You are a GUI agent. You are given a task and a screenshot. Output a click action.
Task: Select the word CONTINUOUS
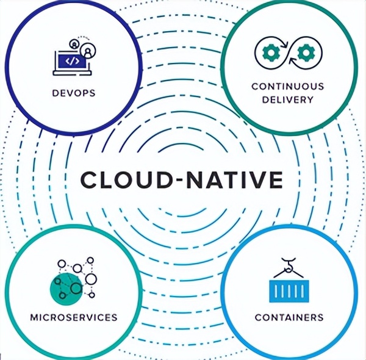[287, 86]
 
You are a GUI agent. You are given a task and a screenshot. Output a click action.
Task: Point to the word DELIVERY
[287, 99]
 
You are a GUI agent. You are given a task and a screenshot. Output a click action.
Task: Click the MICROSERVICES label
[74, 318]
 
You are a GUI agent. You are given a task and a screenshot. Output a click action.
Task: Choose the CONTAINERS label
[289, 318]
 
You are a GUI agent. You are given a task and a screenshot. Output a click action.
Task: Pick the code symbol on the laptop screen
[71, 60]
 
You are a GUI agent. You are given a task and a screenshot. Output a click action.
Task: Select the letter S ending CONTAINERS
[320, 318]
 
